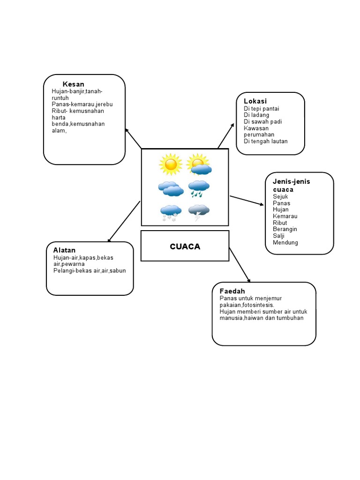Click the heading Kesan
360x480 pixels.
pos(74,84)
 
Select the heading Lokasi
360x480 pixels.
pos(255,101)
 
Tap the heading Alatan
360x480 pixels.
pos(64,250)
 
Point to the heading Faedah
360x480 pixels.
pos(232,291)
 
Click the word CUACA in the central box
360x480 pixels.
pos(185,247)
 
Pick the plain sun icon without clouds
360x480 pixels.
pos(171,164)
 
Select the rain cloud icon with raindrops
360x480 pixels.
pos(199,188)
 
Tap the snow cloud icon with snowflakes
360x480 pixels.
pos(171,213)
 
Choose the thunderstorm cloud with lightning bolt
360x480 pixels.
pos(199,212)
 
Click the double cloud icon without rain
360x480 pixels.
pos(171,188)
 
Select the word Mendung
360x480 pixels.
pos(285,242)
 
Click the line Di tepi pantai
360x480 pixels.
pos(262,109)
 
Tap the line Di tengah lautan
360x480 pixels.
pos(266,141)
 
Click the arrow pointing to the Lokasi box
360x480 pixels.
pos(225,136)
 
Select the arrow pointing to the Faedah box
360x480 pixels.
pos(240,264)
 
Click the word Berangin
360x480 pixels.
pos(285,229)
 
